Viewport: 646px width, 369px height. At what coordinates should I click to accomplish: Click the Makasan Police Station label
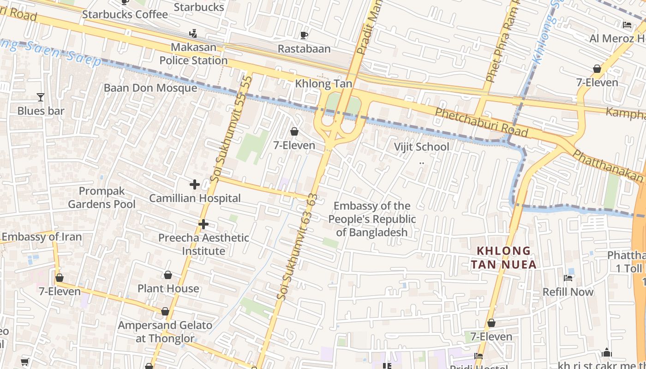pyautogui.click(x=193, y=54)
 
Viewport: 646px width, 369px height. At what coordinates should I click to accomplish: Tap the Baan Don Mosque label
pyautogui.click(x=150, y=88)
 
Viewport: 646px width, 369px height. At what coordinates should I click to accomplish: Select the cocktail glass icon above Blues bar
pyautogui.click(x=41, y=97)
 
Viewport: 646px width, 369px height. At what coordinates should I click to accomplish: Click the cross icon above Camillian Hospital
pyautogui.click(x=195, y=185)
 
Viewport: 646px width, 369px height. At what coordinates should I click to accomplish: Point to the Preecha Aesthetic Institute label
pyautogui.click(x=203, y=244)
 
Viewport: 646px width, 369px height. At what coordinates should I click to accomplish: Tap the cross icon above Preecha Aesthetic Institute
pyautogui.click(x=203, y=225)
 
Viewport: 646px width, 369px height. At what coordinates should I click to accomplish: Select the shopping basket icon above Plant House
pyautogui.click(x=168, y=275)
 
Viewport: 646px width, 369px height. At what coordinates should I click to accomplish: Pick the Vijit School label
pyautogui.click(x=421, y=147)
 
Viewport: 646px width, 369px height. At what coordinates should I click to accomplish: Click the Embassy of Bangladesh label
pyautogui.click(x=372, y=219)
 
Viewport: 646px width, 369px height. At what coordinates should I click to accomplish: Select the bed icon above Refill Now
pyautogui.click(x=568, y=278)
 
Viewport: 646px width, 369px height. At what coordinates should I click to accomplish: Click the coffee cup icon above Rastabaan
pyautogui.click(x=304, y=36)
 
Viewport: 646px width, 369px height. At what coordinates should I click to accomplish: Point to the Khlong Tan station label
pyautogui.click(x=323, y=84)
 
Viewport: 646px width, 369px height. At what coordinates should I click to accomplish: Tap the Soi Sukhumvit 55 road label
pyautogui.click(x=231, y=129)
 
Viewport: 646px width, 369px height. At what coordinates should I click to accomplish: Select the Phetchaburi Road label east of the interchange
pyautogui.click(x=481, y=123)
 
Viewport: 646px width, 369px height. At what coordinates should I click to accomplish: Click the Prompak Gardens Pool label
pyautogui.click(x=102, y=197)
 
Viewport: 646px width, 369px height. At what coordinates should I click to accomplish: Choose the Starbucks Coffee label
pyautogui.click(x=125, y=15)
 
